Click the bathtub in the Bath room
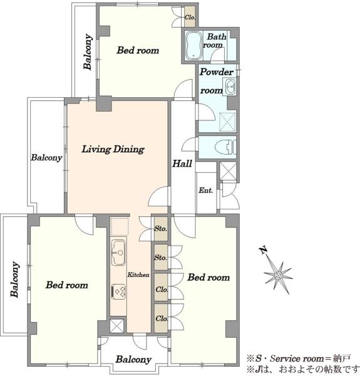coord(193,45)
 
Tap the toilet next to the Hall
coord(225,147)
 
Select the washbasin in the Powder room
coord(230,86)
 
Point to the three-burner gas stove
coord(119,291)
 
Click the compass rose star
coord(279,275)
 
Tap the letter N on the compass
coord(263,250)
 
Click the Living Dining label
coord(113,149)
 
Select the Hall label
coord(182,164)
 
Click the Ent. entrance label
coord(206,191)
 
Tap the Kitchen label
coord(138,274)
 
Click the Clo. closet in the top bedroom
coord(190,18)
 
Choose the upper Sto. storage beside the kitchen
coord(161,229)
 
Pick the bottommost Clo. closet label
coord(162,318)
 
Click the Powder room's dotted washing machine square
coord(227,122)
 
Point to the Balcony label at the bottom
coord(133,359)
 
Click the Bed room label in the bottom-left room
coord(67,285)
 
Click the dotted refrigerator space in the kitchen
coord(120,226)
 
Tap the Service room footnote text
coord(299,358)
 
